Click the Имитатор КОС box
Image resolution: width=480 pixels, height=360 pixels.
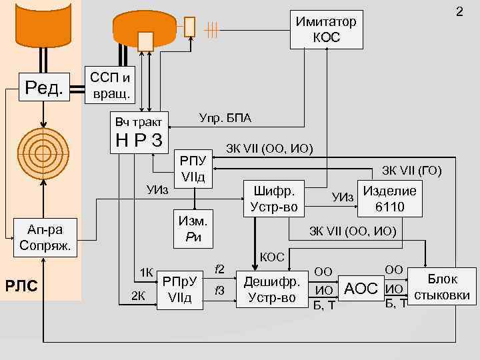point(326,29)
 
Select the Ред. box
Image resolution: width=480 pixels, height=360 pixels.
point(44,87)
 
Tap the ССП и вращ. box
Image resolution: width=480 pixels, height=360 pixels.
point(110,85)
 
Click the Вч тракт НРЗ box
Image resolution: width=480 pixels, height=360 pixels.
point(139,133)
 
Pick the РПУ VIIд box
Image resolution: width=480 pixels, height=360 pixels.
point(193,169)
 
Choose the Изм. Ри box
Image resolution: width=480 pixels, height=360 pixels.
point(193,229)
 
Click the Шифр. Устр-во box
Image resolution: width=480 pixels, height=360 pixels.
point(274,199)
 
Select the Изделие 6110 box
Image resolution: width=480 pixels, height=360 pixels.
point(390,199)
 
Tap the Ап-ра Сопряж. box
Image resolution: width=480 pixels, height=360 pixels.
point(45,237)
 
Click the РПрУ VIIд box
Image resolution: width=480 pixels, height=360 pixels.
point(180,290)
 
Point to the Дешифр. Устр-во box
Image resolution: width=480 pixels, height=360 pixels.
point(272,289)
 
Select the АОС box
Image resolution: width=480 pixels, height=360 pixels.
point(361,289)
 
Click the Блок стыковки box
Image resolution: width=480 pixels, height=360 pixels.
point(442,287)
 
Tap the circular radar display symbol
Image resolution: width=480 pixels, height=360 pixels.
point(43,153)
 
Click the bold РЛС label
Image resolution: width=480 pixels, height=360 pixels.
point(21,286)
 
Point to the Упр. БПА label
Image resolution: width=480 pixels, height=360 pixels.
point(225,118)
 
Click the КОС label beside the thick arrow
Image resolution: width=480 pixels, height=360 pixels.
point(272,257)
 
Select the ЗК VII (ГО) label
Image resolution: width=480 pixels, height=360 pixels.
point(412,171)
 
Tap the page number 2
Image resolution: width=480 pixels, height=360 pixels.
point(459,11)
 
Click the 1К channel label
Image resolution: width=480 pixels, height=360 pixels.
point(146,273)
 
